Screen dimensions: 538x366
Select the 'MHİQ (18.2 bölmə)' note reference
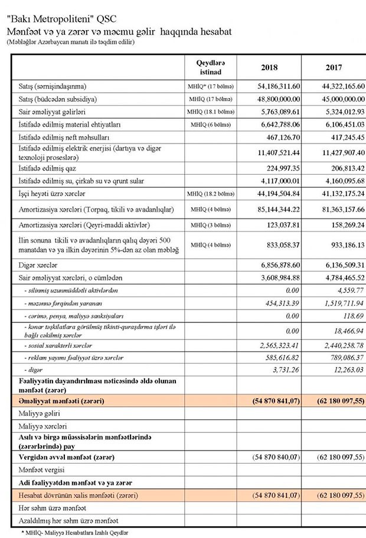tap(211, 194)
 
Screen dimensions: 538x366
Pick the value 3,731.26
tap(286, 370)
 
